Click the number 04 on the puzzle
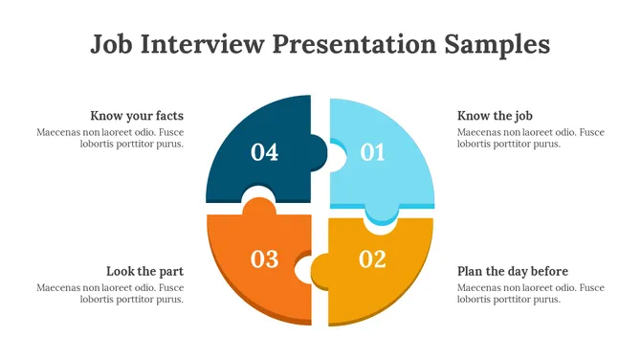point(264,152)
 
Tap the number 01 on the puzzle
point(371,152)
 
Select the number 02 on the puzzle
point(371,259)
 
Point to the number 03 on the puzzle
point(264,259)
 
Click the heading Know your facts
point(137,116)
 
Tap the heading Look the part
point(144,271)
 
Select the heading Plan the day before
point(513,271)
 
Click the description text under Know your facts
point(110,138)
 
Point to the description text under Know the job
point(531,138)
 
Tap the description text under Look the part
point(110,293)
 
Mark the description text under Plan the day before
point(531,293)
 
